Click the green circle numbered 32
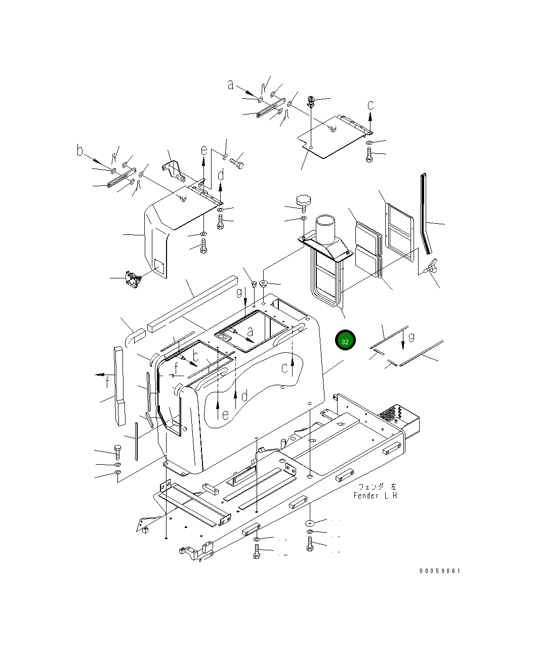pos(345,340)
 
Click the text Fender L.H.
pos(376,496)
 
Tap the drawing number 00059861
pos(439,571)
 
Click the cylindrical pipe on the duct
pos(325,229)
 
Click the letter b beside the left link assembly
pos(80,150)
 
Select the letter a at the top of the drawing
pos(230,85)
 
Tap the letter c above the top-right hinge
pos(370,105)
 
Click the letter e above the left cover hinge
pos(204,150)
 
